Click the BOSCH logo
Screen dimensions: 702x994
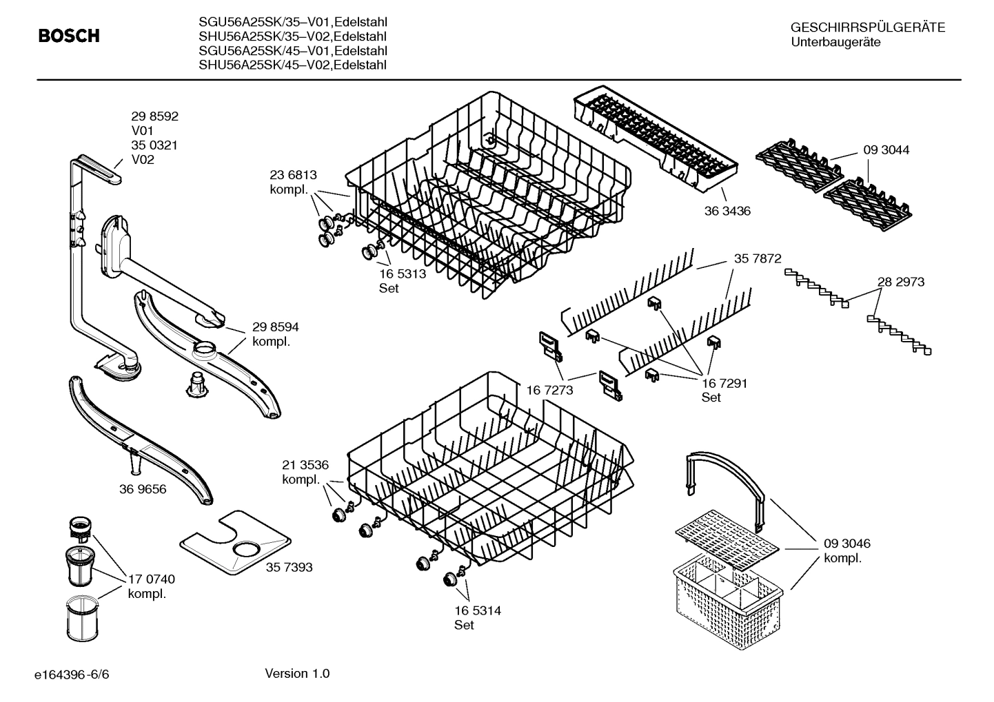point(69,36)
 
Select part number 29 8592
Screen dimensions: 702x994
point(154,116)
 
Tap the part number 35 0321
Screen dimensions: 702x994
point(154,145)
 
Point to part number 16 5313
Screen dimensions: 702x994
point(403,273)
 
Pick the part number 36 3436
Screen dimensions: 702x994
point(727,211)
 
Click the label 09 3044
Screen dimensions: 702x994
point(886,149)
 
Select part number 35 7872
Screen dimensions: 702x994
point(758,259)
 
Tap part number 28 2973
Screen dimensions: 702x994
point(901,282)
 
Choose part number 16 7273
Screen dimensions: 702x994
point(550,391)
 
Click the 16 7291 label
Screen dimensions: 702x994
point(724,383)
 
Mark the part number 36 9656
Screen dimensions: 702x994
point(143,489)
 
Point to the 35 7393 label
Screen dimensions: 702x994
point(289,567)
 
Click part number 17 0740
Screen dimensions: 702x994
point(152,579)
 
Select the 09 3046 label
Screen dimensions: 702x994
point(847,544)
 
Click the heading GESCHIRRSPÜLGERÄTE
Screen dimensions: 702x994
point(867,28)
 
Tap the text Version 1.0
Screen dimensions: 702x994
point(297,673)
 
